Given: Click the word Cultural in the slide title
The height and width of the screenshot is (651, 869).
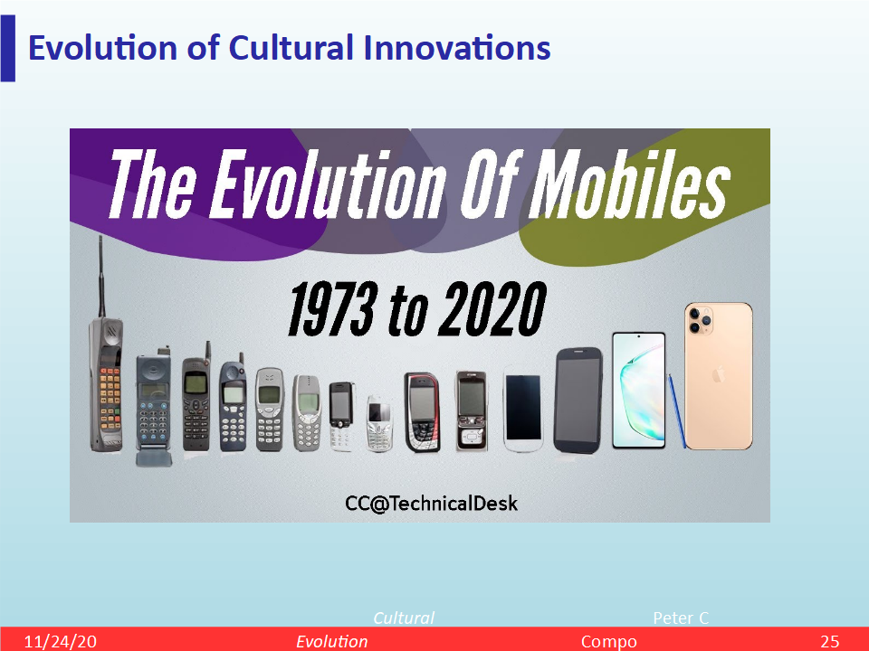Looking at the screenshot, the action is click(x=291, y=48).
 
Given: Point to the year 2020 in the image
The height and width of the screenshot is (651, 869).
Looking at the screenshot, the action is click(x=492, y=308).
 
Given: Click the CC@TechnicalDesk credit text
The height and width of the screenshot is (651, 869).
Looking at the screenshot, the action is click(x=431, y=504).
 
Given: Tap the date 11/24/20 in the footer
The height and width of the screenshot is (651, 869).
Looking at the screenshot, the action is click(x=60, y=641).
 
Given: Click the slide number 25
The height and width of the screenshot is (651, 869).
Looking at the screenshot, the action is click(x=830, y=641).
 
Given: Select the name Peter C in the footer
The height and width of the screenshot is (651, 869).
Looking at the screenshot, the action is click(x=681, y=618).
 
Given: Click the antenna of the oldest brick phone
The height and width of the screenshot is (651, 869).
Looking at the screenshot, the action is click(x=101, y=277).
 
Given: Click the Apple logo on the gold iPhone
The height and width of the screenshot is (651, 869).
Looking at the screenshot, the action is click(x=718, y=374).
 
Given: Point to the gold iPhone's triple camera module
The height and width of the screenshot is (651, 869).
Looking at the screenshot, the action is click(x=701, y=319).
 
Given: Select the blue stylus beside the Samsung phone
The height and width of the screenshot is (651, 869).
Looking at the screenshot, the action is click(x=677, y=410).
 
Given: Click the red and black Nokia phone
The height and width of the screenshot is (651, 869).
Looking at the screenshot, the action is click(x=423, y=412).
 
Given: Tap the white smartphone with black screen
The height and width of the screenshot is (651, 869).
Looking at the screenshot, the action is click(x=522, y=410).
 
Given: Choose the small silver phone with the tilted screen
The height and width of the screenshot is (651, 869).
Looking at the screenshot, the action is click(x=378, y=423).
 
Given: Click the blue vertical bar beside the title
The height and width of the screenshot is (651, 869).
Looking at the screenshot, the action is click(x=8, y=49).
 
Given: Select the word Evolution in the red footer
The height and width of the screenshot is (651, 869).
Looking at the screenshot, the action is click(x=332, y=641).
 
